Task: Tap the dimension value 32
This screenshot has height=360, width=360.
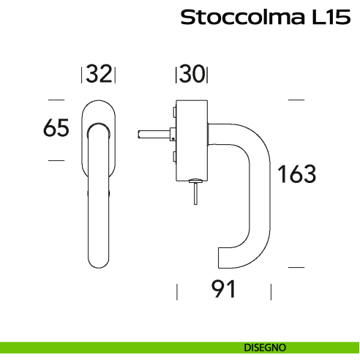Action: pyautogui.click(x=98, y=75)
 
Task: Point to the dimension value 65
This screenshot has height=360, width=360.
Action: pyautogui.click(x=56, y=128)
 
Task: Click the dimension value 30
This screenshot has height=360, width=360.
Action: pyautogui.click(x=192, y=75)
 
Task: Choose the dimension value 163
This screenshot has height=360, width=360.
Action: pyautogui.click(x=296, y=175)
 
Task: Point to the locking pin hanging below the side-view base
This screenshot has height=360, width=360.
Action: pyautogui.click(x=195, y=194)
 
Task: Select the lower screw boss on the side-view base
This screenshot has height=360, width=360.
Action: pyautogui.click(x=173, y=156)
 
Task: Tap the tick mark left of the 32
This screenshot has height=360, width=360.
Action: pyautogui.click(x=80, y=75)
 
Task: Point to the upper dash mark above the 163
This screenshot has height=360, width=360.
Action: pyautogui.click(x=296, y=99)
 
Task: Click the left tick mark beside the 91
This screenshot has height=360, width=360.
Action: pyautogui.click(x=176, y=291)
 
